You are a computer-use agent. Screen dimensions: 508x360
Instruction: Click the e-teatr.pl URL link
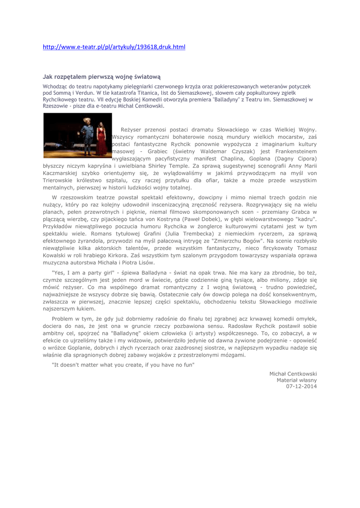coord(114,47)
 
